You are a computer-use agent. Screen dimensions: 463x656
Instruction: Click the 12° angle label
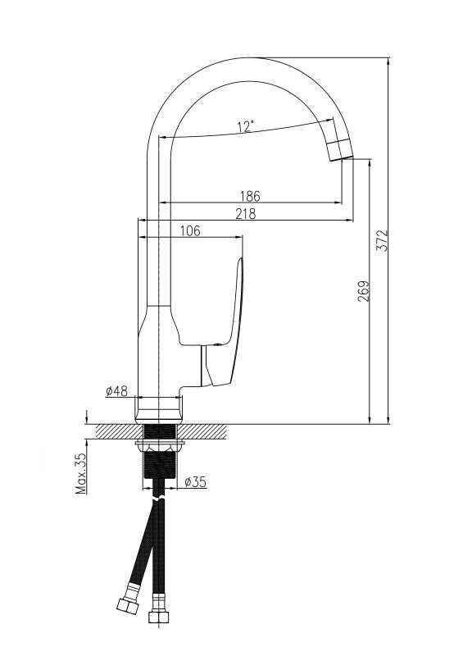(246, 126)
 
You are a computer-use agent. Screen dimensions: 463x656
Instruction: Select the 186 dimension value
(250, 196)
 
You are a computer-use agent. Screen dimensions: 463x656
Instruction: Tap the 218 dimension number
(245, 213)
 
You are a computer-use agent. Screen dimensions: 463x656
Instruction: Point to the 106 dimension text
(190, 230)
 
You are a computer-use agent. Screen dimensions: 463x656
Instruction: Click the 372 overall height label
(382, 240)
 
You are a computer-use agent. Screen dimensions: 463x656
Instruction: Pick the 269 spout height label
(364, 291)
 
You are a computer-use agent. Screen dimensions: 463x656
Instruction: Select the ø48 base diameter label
(116, 391)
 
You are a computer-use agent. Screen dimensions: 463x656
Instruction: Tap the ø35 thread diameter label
(195, 482)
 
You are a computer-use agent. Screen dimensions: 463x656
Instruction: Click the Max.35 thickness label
(81, 473)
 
